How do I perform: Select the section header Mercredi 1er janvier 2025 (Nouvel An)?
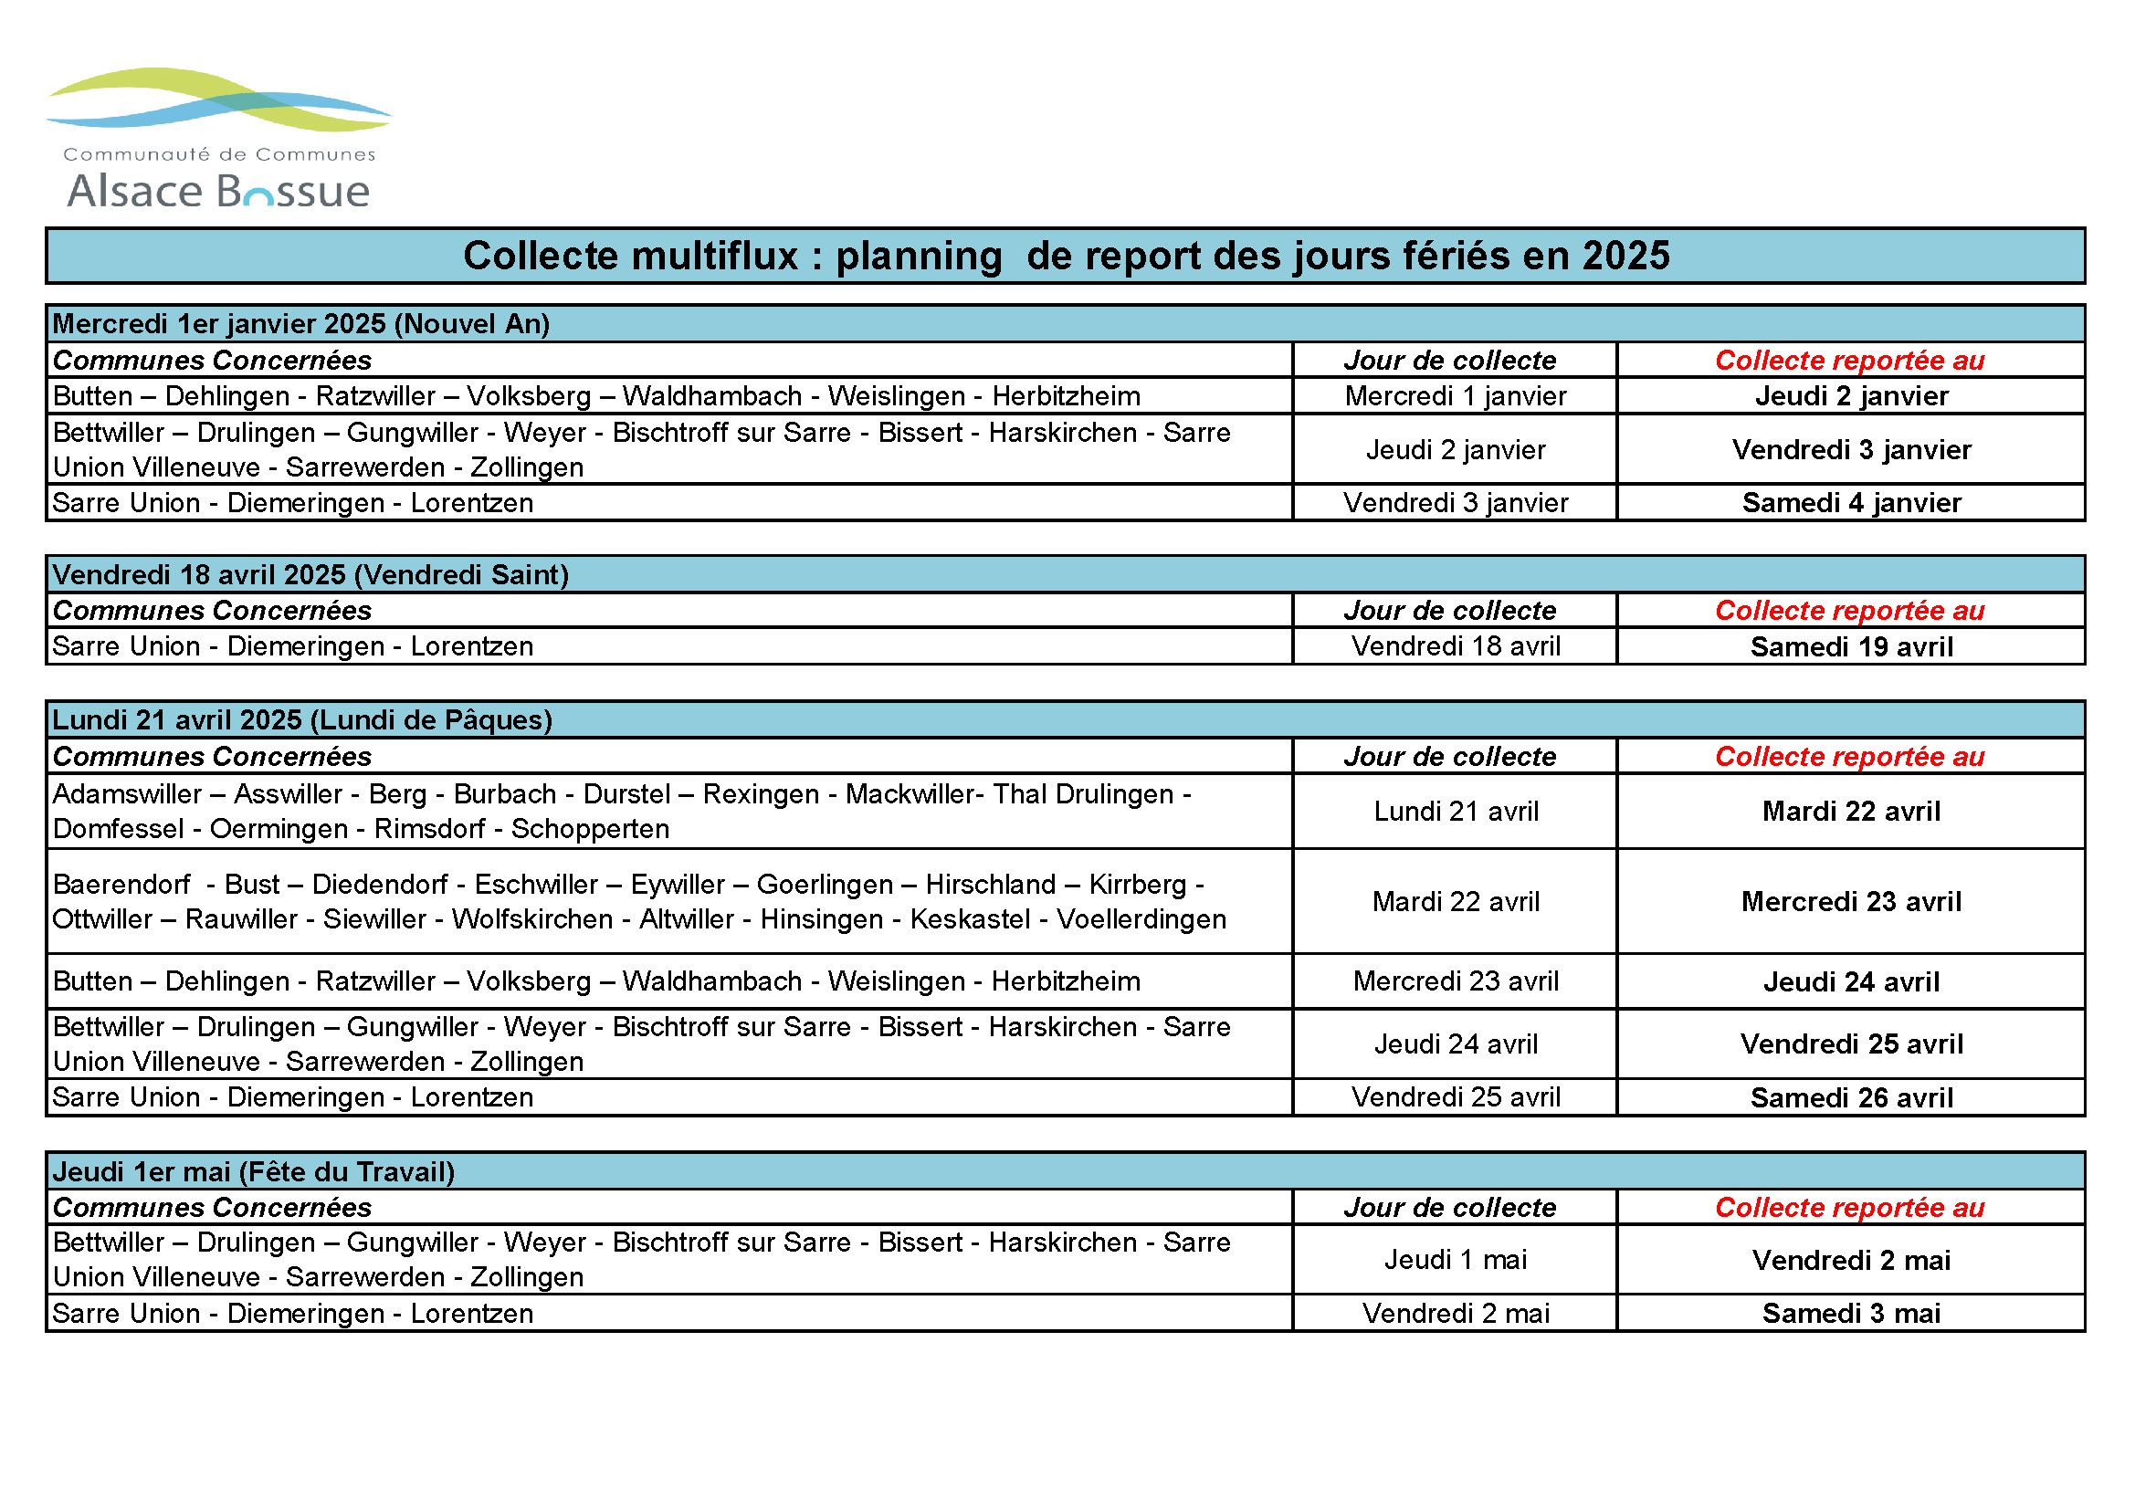301,323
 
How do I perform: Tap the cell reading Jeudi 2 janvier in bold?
1850,396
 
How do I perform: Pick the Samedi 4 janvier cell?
1850,503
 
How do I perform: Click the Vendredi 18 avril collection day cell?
1456,646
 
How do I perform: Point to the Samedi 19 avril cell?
1850,647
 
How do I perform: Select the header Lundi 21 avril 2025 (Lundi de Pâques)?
302,719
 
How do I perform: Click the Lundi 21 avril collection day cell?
1456,812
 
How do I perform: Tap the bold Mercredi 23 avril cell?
1850,901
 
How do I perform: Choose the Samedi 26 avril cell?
1850,1098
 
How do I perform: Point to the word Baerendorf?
121,885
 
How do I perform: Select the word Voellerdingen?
1141,919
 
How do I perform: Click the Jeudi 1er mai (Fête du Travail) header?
254,1171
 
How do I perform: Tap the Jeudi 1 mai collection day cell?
1456,1260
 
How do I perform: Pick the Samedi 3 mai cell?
1850,1314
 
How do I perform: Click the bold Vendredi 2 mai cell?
1850,1261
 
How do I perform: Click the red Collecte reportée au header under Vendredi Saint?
1849,611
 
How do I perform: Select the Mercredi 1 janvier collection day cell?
1456,396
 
